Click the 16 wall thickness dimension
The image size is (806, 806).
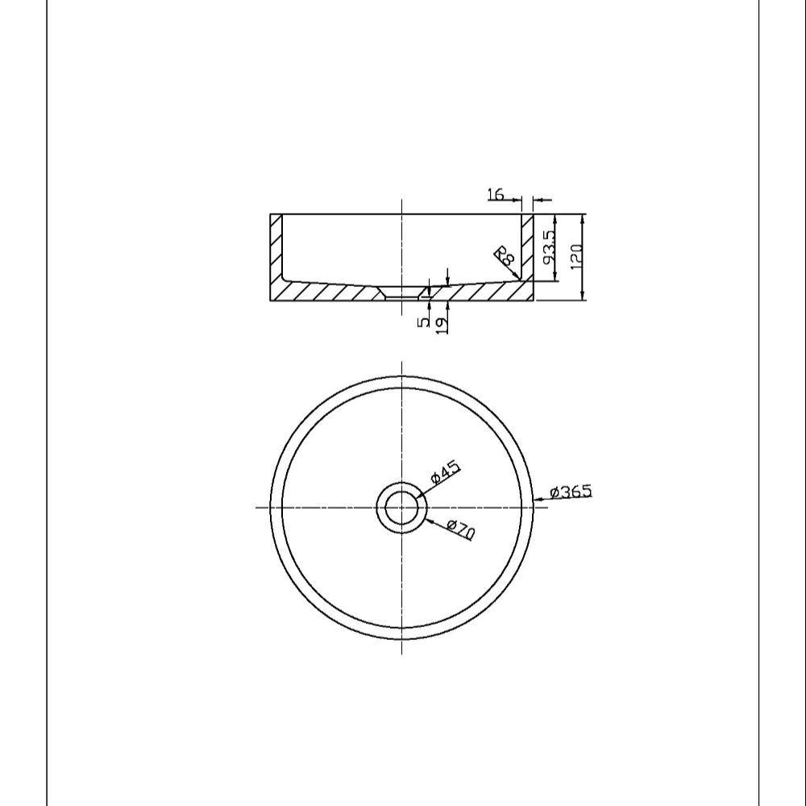point(496,194)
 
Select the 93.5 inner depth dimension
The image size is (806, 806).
point(549,247)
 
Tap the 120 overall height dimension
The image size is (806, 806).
point(576,256)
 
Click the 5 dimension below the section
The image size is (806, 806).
point(424,322)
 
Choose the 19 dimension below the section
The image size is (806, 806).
point(441,326)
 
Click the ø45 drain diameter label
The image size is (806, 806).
point(445,473)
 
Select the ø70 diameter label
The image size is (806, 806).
point(461,530)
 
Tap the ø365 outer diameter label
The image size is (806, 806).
point(571,492)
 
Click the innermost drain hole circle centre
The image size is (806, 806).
point(401,507)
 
